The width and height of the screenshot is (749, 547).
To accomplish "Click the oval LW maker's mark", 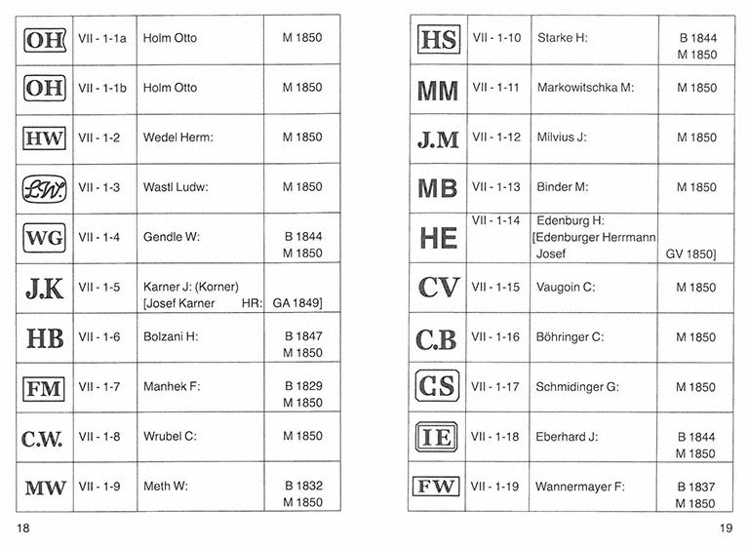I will tap(44, 188).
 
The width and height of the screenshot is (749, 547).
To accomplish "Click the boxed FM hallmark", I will tap(44, 388).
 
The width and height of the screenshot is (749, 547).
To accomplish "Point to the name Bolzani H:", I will tap(172, 337).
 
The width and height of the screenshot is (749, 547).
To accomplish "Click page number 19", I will tap(725, 527).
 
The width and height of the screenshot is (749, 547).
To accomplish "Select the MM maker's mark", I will tap(437, 89).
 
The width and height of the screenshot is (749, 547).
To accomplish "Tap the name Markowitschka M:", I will tap(585, 88).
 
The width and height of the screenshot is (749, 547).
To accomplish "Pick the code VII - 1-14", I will tap(495, 221).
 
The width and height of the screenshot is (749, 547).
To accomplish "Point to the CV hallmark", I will tap(437, 288).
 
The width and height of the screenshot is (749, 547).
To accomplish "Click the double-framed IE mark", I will tap(437, 438).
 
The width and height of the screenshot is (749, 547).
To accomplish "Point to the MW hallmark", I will tap(44, 488).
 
